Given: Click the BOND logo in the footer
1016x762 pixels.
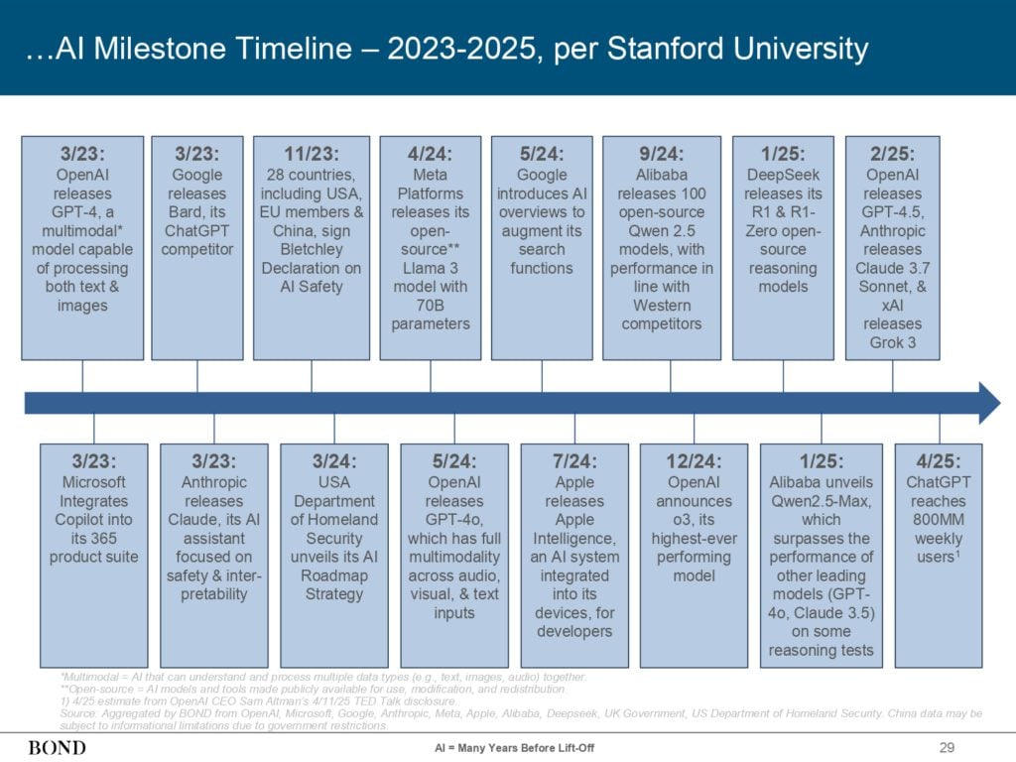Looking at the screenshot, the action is (57, 748).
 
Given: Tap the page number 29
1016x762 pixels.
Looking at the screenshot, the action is (947, 748).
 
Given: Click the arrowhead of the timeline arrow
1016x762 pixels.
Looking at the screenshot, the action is (989, 403).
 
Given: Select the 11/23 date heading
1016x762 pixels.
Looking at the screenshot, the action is (312, 154).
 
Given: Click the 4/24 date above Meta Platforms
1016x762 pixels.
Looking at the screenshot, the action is (431, 154).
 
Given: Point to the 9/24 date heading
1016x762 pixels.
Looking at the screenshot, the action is (662, 154).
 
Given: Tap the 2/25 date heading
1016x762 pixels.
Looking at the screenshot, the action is (892, 154).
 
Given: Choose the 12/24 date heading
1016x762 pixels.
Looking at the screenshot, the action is (694, 461).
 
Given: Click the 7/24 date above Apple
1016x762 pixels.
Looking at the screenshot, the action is (574, 461).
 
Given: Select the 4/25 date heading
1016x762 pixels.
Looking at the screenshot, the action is (939, 461).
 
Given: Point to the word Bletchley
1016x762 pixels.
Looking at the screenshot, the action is (312, 249).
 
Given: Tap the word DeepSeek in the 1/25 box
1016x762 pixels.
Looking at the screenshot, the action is (783, 175).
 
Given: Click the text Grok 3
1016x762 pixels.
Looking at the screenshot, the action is (892, 342).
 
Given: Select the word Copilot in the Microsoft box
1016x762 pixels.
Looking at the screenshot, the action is (93, 520).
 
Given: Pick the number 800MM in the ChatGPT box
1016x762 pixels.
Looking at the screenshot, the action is (939, 520).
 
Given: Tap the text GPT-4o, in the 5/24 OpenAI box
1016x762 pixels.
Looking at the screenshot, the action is (454, 520).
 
